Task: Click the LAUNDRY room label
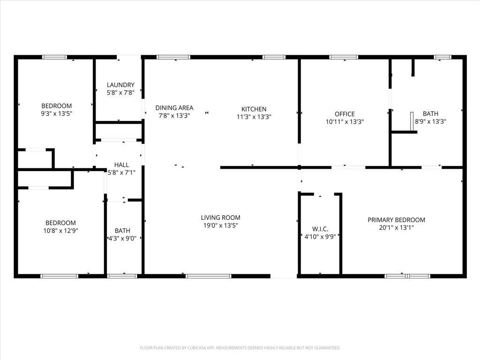(120, 85)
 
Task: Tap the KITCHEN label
(254, 109)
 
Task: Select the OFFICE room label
(345, 114)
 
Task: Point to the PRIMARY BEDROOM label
(396, 220)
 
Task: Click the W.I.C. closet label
(320, 229)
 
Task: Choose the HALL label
(121, 165)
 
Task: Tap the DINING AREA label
(174, 108)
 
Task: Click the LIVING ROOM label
(220, 217)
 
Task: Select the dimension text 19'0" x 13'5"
(220, 225)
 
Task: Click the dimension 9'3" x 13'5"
(57, 113)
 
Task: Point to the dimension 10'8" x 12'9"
(60, 231)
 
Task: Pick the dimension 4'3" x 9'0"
(122, 238)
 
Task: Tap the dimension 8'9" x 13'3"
(430, 121)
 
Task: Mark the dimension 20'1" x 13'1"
(396, 228)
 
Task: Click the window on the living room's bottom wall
(209, 276)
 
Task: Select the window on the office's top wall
(344, 57)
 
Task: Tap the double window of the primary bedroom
(407, 276)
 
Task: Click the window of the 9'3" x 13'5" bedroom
(54, 57)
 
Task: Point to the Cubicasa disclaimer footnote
(240, 348)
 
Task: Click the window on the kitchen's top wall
(274, 57)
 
